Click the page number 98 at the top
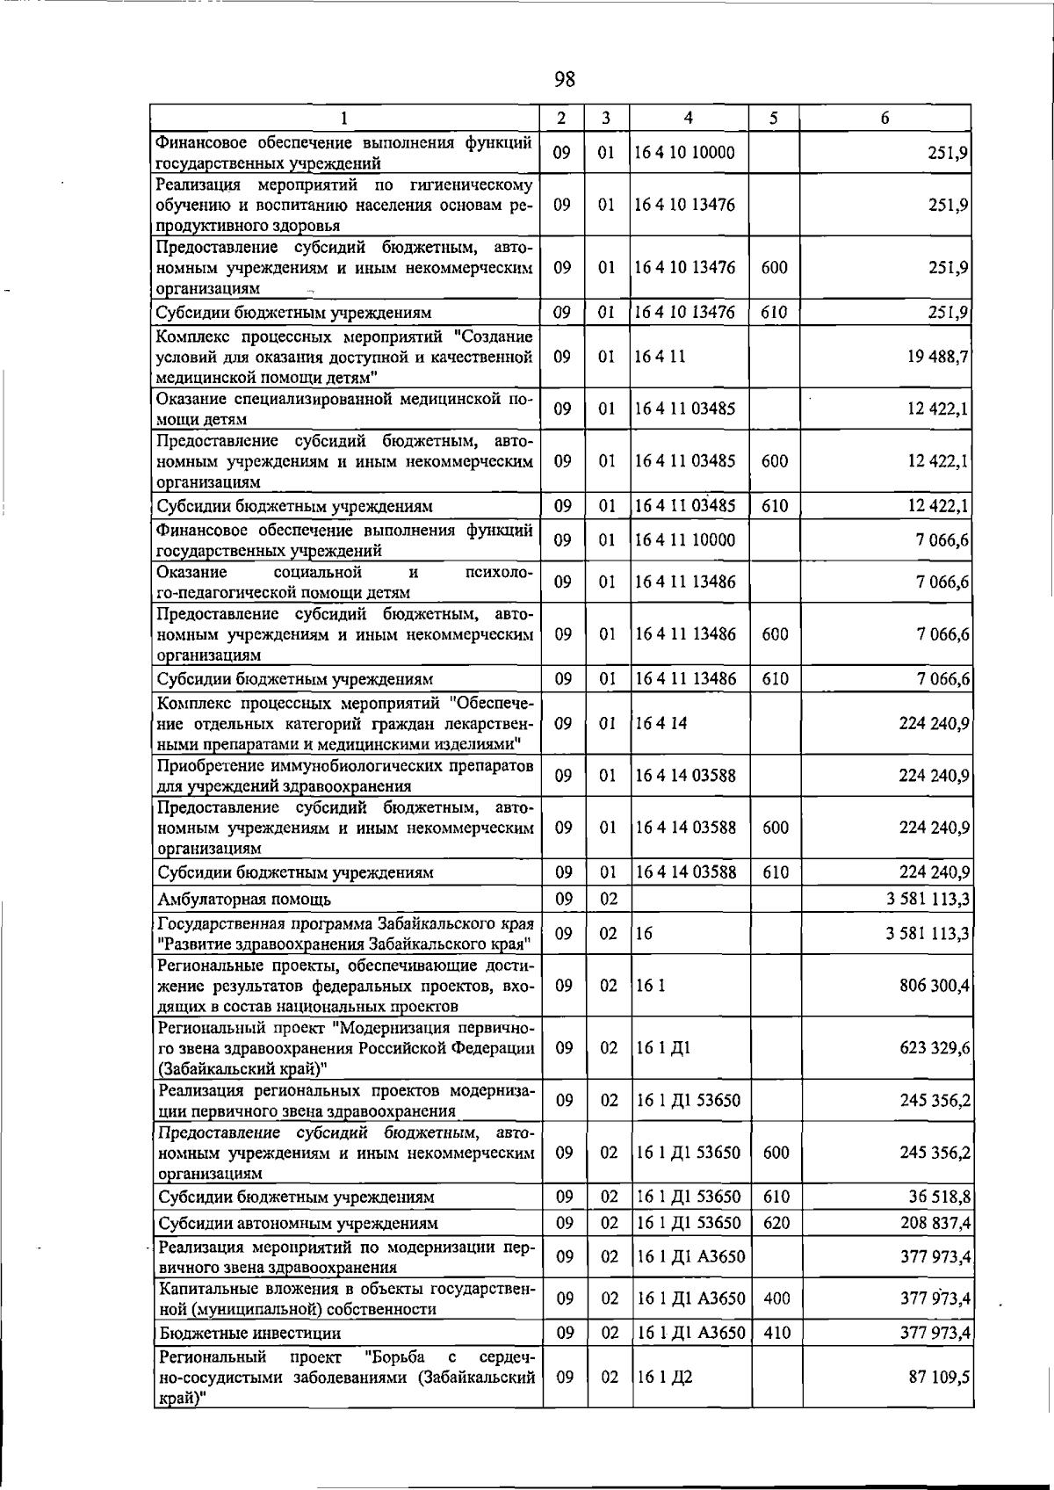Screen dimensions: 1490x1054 click(x=565, y=80)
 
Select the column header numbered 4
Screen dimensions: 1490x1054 click(x=688, y=118)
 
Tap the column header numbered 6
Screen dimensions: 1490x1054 click(x=884, y=118)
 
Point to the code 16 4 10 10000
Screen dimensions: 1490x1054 click(x=685, y=153)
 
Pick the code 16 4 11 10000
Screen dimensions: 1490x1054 click(x=685, y=540)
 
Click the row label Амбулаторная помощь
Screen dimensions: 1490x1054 click(x=244, y=899)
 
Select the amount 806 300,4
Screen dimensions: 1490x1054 click(x=935, y=986)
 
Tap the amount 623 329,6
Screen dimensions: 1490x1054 click(x=935, y=1048)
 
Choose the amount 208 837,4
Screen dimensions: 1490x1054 click(x=935, y=1223)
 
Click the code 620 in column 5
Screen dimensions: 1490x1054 click(x=776, y=1223)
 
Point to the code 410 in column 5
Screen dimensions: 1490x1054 click(x=776, y=1334)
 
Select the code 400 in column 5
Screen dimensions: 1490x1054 click(x=776, y=1298)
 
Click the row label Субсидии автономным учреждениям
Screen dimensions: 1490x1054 click(x=298, y=1223)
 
